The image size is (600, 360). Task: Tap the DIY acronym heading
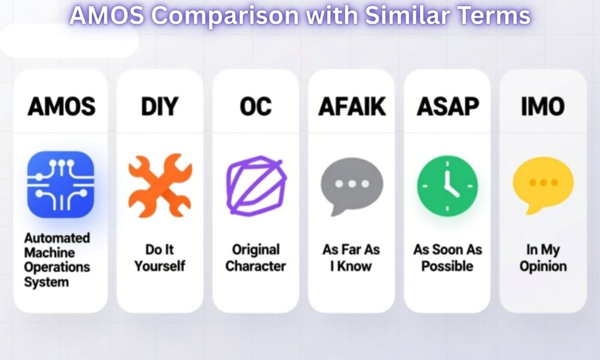tap(160, 107)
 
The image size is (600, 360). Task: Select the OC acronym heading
tap(255, 107)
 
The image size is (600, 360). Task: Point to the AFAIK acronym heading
tap(352, 107)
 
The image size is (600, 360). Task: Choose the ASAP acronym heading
tap(448, 107)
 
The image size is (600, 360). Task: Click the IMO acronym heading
tap(543, 107)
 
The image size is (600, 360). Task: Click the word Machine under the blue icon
tap(50, 253)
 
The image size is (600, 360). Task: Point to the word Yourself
tap(160, 266)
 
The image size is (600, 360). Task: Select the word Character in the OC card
tap(255, 266)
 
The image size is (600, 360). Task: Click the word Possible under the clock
tap(448, 266)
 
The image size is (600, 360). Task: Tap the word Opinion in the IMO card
tap(543, 266)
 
